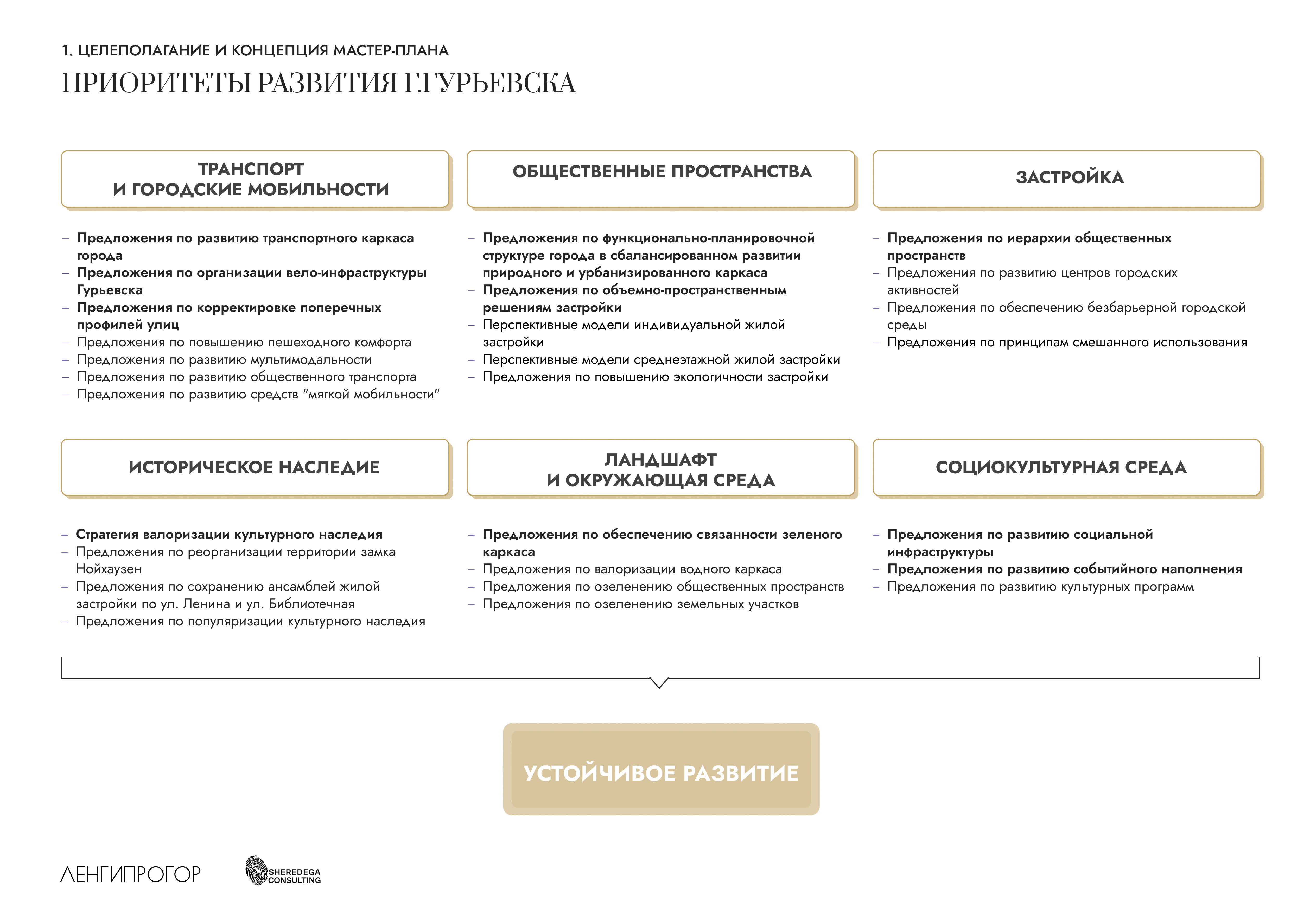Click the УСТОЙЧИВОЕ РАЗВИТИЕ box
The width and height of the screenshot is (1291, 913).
(661, 769)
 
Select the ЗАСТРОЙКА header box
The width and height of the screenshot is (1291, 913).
(1066, 179)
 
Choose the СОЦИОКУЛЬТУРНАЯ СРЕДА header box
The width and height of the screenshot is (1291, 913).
(1066, 467)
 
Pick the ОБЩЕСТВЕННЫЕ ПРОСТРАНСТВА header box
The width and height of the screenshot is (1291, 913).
(661, 179)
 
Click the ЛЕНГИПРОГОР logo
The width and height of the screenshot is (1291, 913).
(130, 874)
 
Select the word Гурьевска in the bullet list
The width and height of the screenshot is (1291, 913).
(110, 290)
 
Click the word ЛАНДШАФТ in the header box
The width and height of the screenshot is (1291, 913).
(661, 460)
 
